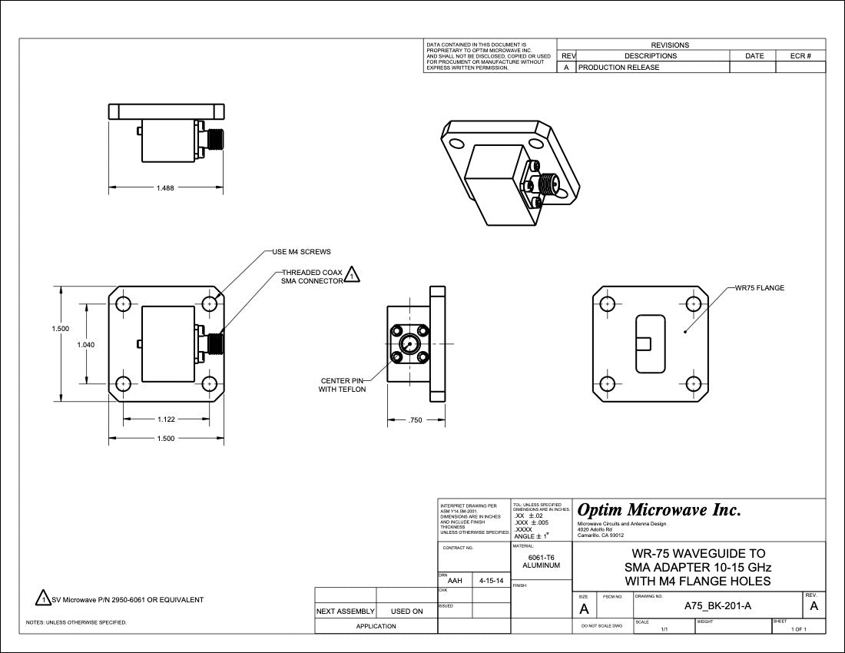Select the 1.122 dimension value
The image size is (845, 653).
[x=165, y=419]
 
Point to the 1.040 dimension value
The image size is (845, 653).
[x=86, y=345]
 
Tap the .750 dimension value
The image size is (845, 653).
[x=416, y=420]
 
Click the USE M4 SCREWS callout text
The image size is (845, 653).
[x=302, y=252]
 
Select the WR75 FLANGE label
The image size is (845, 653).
[x=760, y=289]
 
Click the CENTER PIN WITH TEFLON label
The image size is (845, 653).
[x=342, y=385]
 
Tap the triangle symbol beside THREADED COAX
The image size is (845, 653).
[x=351, y=274]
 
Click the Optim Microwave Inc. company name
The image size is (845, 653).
[x=659, y=510]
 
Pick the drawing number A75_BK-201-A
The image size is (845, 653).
[x=717, y=607]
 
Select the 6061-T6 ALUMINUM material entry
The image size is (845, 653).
[x=541, y=562]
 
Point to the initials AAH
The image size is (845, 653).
[x=455, y=582]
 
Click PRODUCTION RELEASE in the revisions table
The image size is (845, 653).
[x=618, y=68]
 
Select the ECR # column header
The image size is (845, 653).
[x=800, y=56]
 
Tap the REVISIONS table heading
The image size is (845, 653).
[x=670, y=45]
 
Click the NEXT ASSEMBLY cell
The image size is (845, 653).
[x=346, y=612]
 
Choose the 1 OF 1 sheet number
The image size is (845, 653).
[x=799, y=629]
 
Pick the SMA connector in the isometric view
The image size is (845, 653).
[x=547, y=183]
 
